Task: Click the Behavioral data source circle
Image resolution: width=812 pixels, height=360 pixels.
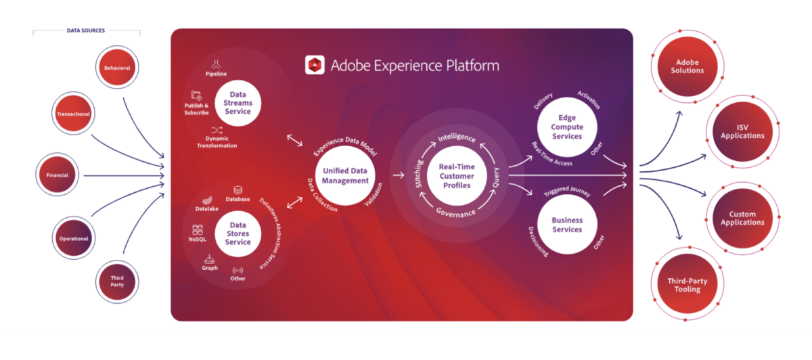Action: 117,68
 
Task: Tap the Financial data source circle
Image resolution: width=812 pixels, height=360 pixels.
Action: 57,175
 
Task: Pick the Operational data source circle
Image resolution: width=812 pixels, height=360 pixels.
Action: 74,238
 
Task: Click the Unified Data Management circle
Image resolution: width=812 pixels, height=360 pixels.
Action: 345,176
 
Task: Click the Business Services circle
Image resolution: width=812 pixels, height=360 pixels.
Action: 566,225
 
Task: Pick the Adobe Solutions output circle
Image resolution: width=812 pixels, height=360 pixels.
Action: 687,66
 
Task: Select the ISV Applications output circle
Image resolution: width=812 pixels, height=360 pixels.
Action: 742,131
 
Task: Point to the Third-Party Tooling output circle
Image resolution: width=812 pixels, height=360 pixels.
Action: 687,285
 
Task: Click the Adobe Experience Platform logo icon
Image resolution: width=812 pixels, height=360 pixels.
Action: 315,65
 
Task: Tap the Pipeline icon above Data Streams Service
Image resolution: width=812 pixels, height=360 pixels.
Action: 217,64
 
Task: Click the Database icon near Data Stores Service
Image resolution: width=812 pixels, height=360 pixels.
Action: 238,190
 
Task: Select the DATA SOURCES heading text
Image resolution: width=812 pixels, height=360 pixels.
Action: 86,30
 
